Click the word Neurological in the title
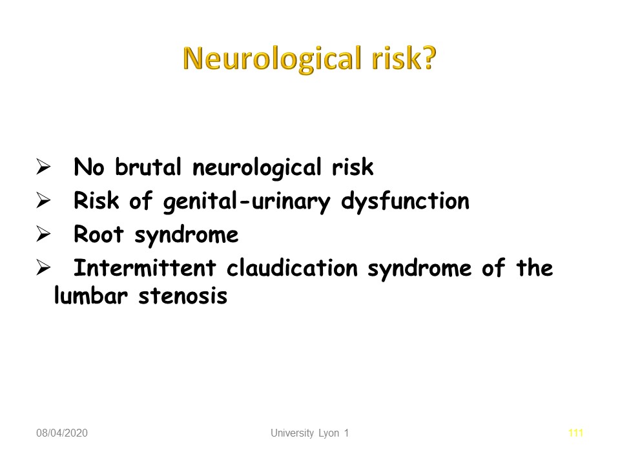pyautogui.click(x=273, y=59)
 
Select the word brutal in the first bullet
pyautogui.click(x=149, y=167)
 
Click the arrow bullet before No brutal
pyautogui.click(x=43, y=167)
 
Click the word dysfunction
pyautogui.click(x=406, y=201)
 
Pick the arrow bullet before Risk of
pyautogui.click(x=43, y=200)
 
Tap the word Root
pyautogui.click(x=98, y=234)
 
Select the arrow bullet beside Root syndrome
pyautogui.click(x=43, y=234)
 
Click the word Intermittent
pyautogui.click(x=145, y=267)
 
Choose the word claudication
pyautogui.click(x=292, y=267)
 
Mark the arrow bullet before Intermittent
pyautogui.click(x=43, y=267)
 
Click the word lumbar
pyautogui.click(x=91, y=295)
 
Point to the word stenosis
pyautogui.click(x=183, y=296)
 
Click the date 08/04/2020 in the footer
pyautogui.click(x=62, y=433)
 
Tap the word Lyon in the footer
pyautogui.click(x=329, y=433)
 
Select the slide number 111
pyautogui.click(x=575, y=433)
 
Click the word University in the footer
pyautogui.click(x=292, y=433)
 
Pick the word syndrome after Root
pyautogui.click(x=187, y=235)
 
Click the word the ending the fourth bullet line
pyautogui.click(x=535, y=267)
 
